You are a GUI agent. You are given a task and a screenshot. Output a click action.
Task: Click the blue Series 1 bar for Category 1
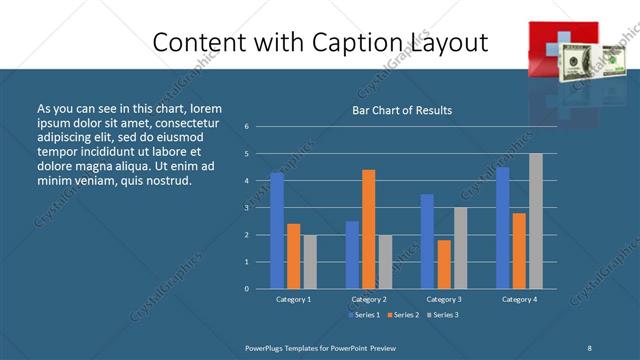[x=277, y=230]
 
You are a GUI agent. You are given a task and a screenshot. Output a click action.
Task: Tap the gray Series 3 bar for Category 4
[x=535, y=221]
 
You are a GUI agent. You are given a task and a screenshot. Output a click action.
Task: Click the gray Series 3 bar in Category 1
[x=310, y=261]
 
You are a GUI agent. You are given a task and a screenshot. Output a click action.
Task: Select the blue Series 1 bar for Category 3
[x=427, y=241]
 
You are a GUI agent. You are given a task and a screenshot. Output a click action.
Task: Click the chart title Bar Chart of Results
[x=402, y=111]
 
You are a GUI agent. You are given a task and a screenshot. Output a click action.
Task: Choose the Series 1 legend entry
[x=364, y=315]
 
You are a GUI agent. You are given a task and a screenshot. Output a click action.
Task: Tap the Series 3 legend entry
[x=442, y=315]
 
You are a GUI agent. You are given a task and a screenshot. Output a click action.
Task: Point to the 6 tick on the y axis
[x=247, y=127]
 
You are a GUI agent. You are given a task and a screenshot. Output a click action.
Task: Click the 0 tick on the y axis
[x=247, y=288]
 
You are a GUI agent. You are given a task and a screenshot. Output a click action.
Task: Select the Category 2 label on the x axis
[x=368, y=299]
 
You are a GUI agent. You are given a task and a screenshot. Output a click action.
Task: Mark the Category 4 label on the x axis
[x=518, y=299]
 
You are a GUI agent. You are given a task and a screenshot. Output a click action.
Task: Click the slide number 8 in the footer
[x=590, y=347]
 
